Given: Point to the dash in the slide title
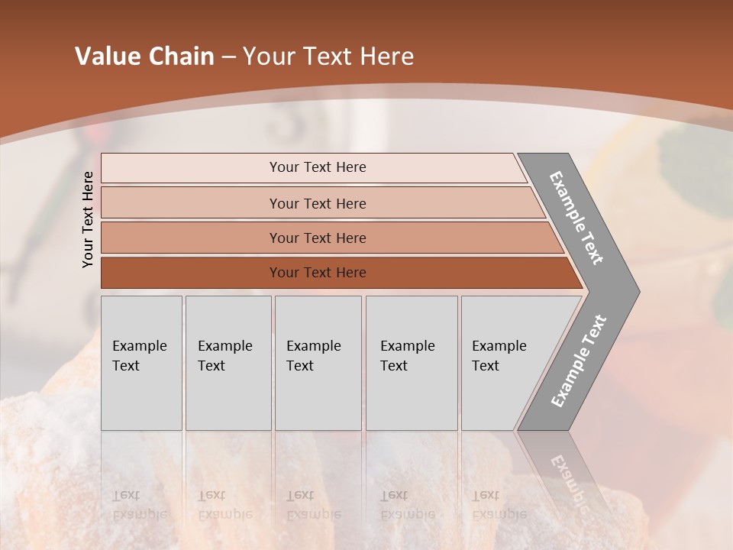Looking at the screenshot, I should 228,57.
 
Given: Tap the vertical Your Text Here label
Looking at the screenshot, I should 88,219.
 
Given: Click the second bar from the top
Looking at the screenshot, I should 317,203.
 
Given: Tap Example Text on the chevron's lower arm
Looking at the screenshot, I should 578,361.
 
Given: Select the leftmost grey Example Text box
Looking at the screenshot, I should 141,362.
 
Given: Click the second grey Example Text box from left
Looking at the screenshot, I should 228,362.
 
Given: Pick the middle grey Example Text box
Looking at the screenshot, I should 318,362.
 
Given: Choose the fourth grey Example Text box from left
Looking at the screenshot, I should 412,362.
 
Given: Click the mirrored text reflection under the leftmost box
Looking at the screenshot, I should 139,505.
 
